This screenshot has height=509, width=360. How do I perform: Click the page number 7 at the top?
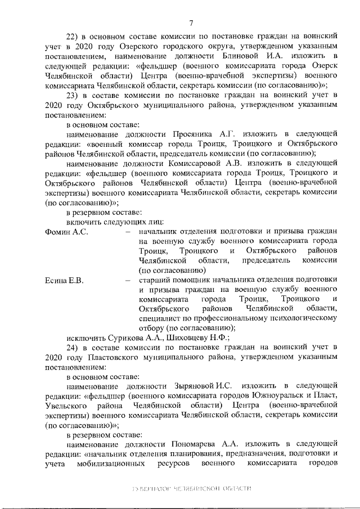(x=191, y=23)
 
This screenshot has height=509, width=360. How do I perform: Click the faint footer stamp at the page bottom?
(x=190, y=489)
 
